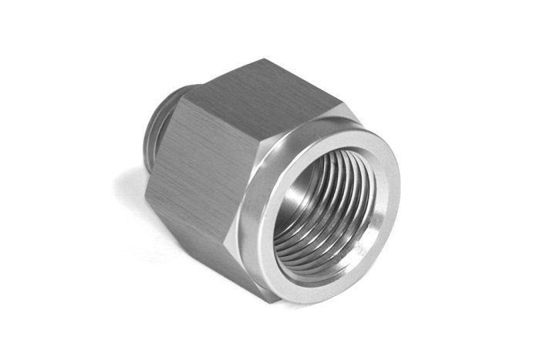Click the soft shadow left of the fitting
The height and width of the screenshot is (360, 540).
[123, 193]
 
